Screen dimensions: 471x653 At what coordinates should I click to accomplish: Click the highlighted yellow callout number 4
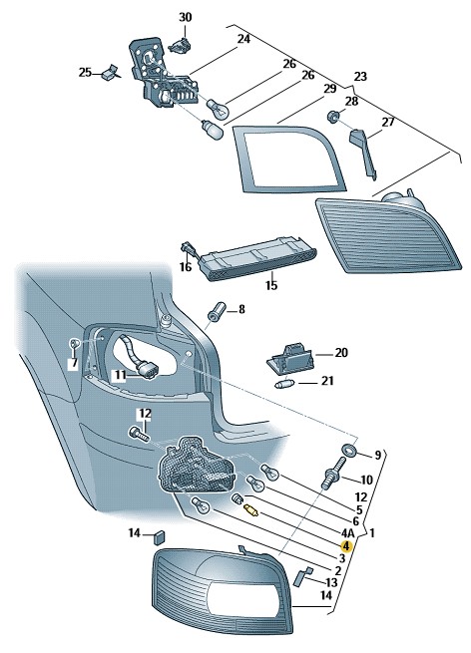[346, 545]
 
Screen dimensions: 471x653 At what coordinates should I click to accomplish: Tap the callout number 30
[186, 18]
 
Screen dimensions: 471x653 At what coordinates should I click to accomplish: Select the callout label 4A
[347, 532]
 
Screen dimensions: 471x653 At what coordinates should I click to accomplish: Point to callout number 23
[360, 77]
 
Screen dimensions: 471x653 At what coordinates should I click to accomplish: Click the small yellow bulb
[251, 509]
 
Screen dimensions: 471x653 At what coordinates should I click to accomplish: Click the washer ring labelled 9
[347, 450]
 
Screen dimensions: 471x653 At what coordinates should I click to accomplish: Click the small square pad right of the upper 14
[160, 537]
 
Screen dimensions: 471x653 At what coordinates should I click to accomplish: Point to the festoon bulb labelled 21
[285, 384]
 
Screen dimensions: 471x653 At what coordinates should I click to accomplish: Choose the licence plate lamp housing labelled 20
[290, 357]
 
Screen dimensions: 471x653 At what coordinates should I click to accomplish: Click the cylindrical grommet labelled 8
[216, 311]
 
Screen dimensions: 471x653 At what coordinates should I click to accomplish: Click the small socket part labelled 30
[179, 44]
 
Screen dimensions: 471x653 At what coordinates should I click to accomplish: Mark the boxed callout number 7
[74, 363]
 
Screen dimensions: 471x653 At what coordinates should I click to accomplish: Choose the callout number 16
[186, 267]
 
